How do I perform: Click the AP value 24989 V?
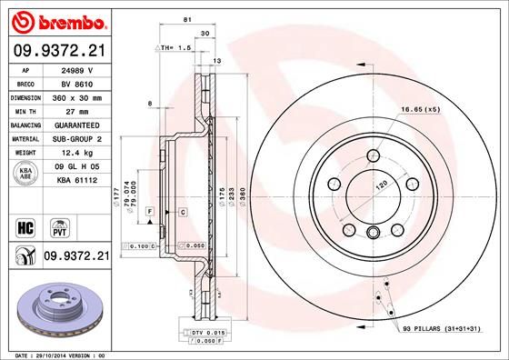(76, 68)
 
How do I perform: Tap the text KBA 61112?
(78, 181)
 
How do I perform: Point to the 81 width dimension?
(185, 20)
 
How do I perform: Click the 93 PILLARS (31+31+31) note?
(441, 328)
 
